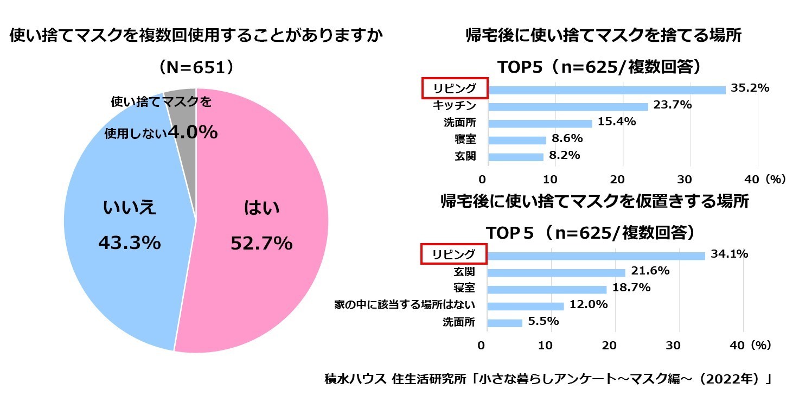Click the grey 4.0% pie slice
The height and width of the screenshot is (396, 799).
point(182,108)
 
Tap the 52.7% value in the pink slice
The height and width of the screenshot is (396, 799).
point(261,244)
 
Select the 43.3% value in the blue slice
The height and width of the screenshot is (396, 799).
point(129,243)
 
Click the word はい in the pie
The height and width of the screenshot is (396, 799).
point(261,207)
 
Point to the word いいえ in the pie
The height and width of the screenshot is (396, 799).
point(129,207)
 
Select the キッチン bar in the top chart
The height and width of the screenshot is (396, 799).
point(567,106)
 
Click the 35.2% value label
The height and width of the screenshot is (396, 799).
point(750,88)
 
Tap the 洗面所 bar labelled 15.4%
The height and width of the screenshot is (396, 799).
point(539,123)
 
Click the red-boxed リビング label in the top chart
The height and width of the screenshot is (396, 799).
point(455,88)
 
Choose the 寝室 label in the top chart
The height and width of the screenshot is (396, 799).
point(465,139)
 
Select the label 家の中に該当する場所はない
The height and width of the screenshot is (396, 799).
point(405,305)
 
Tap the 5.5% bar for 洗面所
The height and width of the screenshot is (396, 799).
point(504,323)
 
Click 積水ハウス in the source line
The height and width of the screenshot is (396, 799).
point(355,379)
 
